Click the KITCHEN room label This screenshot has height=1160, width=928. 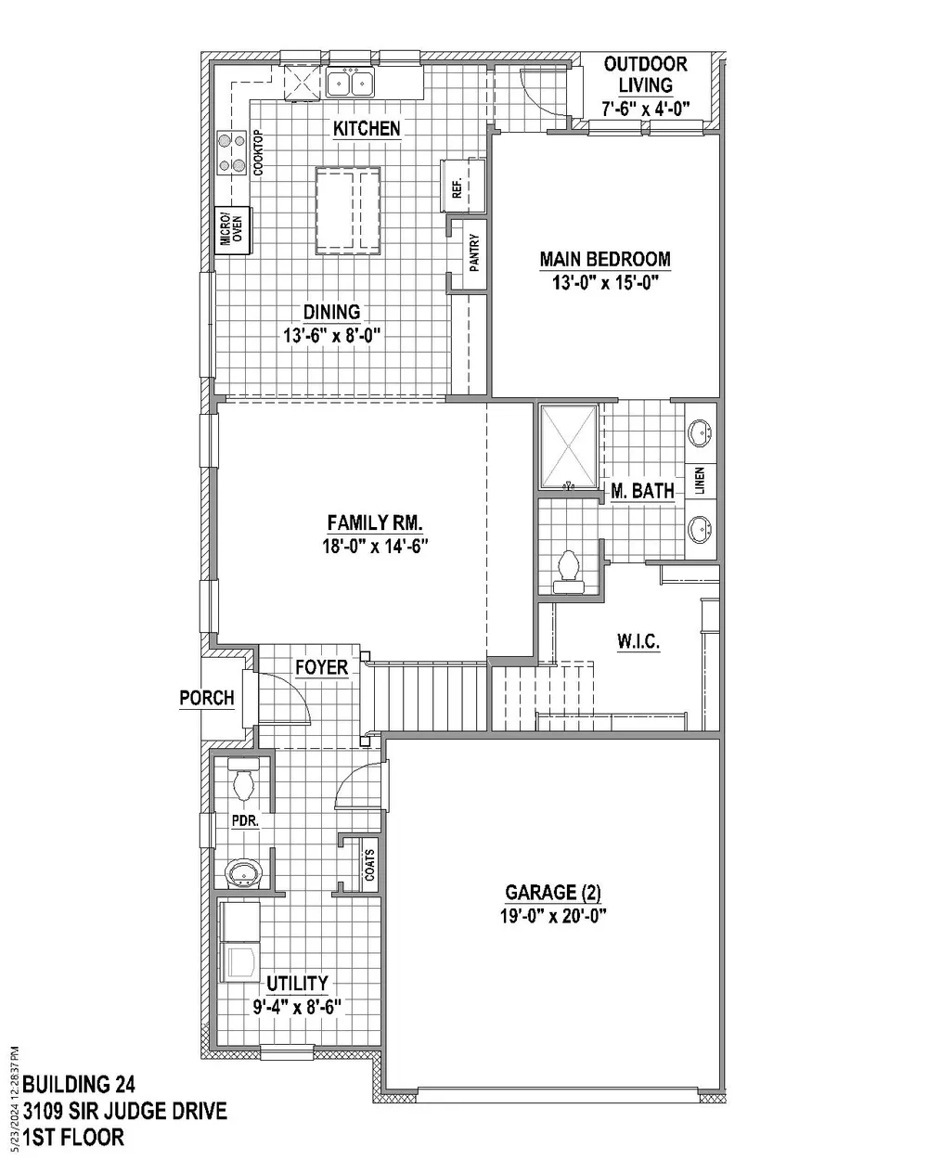pyautogui.click(x=367, y=128)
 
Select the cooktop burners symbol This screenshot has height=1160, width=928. pyautogui.click(x=231, y=153)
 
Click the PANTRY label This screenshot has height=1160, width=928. pyautogui.click(x=474, y=252)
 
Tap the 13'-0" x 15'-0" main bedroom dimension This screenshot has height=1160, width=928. pyautogui.click(x=604, y=283)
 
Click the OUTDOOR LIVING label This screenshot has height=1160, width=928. pyautogui.click(x=645, y=74)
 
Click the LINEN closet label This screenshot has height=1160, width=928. pyautogui.click(x=701, y=480)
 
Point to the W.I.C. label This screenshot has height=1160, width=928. pyautogui.click(x=638, y=641)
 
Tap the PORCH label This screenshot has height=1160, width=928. pyautogui.click(x=207, y=698)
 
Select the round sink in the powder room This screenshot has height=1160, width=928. pyautogui.click(x=244, y=873)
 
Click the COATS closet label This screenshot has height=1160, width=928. pyautogui.click(x=368, y=865)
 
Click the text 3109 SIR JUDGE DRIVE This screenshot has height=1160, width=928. pyautogui.click(x=125, y=1110)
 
